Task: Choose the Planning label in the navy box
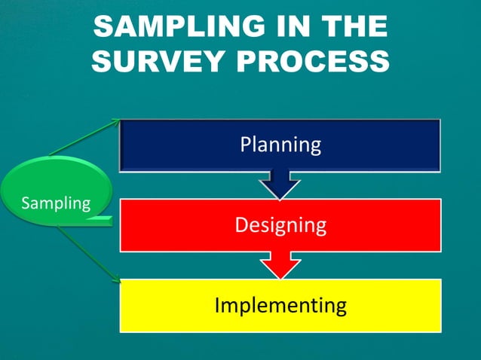tap(280, 144)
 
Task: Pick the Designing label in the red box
tap(280, 224)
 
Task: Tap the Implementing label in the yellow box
tap(280, 305)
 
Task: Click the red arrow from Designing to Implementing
tap(280, 265)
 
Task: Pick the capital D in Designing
tap(240, 224)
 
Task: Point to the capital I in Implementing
tap(218, 305)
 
